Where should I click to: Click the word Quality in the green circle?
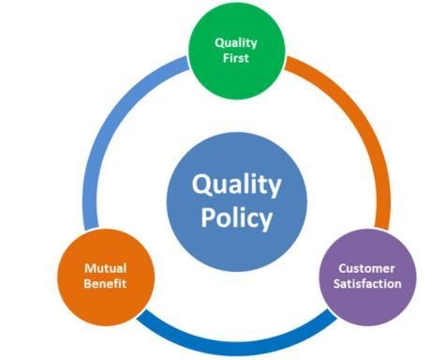[236, 43]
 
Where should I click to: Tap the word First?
[236, 58]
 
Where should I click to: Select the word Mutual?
[106, 268]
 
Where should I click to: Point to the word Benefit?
[105, 284]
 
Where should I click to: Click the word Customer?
[367, 268]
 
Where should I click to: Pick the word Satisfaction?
[367, 284]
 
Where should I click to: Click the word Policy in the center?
[237, 218]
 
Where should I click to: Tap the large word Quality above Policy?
[237, 185]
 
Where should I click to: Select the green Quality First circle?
[237, 51]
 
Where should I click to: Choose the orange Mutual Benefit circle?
[106, 277]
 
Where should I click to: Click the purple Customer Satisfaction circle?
[367, 277]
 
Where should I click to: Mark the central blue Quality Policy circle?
[237, 202]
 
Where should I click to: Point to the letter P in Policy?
[208, 217]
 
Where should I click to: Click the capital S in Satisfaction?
[336, 284]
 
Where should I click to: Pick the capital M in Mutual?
[90, 268]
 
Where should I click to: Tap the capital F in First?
[226, 58]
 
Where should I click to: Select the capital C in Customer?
[343, 268]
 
